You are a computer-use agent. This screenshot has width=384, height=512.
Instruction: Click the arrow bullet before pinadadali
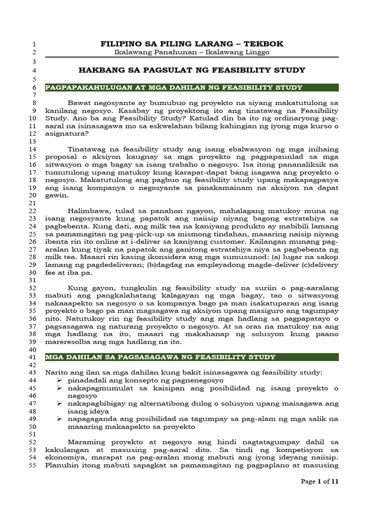[60, 380]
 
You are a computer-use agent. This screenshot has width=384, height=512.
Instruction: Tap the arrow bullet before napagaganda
[60, 419]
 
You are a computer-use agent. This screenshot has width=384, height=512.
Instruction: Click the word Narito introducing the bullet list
[57, 372]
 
